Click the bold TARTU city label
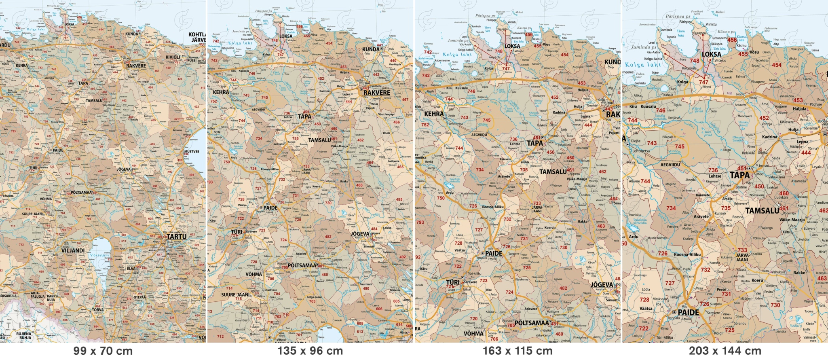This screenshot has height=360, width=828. click(x=177, y=237)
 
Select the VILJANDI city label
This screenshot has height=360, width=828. click(x=73, y=250)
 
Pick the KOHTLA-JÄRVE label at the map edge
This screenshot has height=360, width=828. click(x=197, y=37)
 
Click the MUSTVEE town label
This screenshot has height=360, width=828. click(x=192, y=152)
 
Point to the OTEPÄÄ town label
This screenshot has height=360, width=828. click(x=139, y=297)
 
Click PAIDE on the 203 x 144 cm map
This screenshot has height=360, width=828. click(x=688, y=312)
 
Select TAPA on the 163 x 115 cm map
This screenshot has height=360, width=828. click(x=534, y=143)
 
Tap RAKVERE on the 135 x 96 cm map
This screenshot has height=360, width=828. click(x=376, y=93)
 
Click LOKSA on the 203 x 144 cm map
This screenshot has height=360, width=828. click(x=711, y=54)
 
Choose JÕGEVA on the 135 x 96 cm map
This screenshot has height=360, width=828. click(x=360, y=234)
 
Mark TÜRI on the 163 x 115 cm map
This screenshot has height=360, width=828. click(x=452, y=282)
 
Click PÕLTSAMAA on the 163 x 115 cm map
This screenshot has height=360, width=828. click(x=532, y=323)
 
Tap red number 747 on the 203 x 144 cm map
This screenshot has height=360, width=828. click(x=703, y=82)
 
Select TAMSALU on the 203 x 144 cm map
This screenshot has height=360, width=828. click(x=762, y=211)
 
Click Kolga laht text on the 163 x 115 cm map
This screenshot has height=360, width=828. click(x=456, y=55)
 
